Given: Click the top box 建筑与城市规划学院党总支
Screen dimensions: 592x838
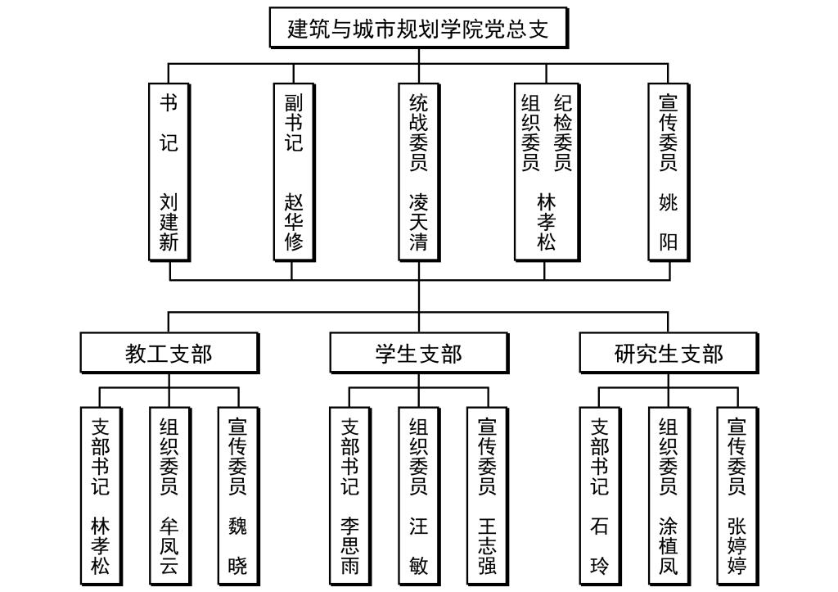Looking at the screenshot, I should pyautogui.click(x=417, y=29).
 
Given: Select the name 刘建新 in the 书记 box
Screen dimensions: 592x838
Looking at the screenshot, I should pyautogui.click(x=169, y=222).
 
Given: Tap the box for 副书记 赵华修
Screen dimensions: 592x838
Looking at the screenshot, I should pyautogui.click(x=294, y=172).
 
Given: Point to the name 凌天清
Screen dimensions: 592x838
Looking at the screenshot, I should pyautogui.click(x=418, y=222).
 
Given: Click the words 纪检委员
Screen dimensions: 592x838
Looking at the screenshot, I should pyautogui.click(x=562, y=132).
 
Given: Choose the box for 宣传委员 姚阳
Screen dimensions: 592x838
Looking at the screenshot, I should pyautogui.click(x=669, y=172).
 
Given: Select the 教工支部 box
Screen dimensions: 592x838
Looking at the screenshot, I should pyautogui.click(x=169, y=354).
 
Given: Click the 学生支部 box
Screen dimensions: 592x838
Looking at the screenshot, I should pyautogui.click(x=418, y=354).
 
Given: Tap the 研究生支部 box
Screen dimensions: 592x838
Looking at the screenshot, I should pyautogui.click(x=669, y=354).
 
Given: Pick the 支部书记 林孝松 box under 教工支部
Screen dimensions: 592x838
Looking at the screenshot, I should pyautogui.click(x=100, y=495).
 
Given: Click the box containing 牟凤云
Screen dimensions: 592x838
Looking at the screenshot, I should pyautogui.click(x=169, y=495).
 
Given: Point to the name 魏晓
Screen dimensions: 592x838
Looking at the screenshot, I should pyautogui.click(x=238, y=545).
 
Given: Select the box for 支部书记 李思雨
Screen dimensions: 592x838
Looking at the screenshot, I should pyautogui.click(x=349, y=495).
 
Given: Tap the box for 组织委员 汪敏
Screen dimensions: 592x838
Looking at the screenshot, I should pyautogui.click(x=418, y=495).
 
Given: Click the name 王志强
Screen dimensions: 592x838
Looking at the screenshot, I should pyautogui.click(x=488, y=545).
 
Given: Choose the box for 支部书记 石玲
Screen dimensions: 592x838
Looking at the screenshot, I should pyautogui.click(x=600, y=495).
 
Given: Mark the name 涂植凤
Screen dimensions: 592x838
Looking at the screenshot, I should pyautogui.click(x=669, y=545).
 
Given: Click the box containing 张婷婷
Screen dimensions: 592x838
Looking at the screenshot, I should pyautogui.click(x=737, y=495).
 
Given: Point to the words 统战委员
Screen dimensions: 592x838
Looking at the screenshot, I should pyautogui.click(x=418, y=132).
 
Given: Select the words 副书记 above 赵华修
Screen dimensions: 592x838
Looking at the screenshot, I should pyautogui.click(x=294, y=122).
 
